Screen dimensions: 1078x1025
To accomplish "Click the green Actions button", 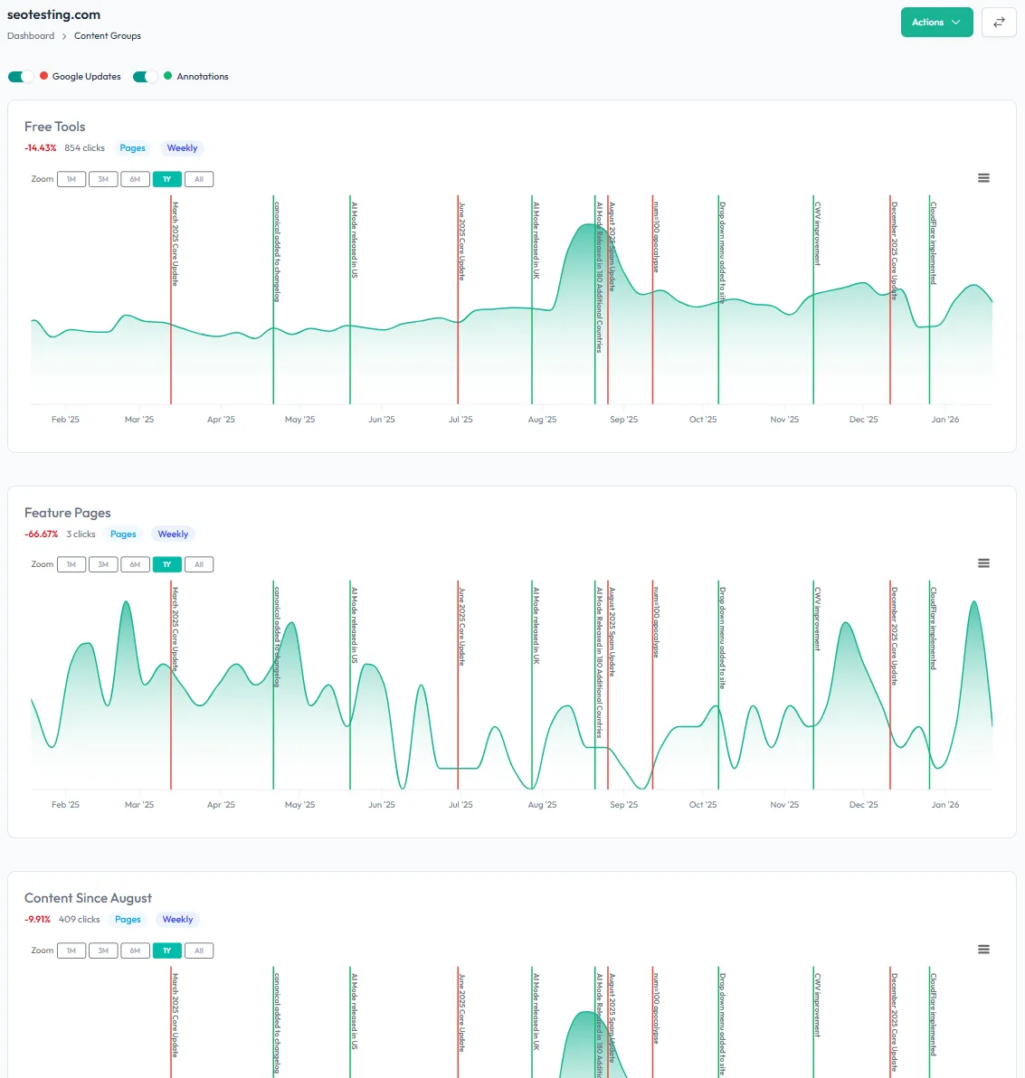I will [936, 23].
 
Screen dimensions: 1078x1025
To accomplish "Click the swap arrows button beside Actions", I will [999, 23].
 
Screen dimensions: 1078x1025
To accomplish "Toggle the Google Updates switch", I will [21, 77].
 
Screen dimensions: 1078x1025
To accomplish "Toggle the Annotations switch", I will [146, 77].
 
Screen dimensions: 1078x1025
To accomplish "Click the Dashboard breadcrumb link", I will [31, 36].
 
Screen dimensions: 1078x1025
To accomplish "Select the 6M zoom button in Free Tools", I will [135, 179].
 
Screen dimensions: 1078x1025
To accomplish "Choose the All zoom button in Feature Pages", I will [199, 564].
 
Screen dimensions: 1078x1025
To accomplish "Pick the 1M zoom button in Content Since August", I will [71, 950].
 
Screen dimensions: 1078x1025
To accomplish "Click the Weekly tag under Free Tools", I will [182, 148].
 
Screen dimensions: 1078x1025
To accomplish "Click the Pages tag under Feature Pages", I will [123, 534].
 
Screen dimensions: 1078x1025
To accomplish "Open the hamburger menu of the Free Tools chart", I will [983, 178].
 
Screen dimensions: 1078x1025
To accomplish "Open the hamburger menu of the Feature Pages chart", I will [983, 563].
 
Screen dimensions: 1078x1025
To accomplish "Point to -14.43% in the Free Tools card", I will [41, 148].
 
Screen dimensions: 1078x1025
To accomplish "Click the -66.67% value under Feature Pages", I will [41, 534].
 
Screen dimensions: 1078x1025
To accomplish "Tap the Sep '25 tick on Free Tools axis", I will [623, 420].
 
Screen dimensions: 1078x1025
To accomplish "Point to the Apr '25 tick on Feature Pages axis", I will [221, 805].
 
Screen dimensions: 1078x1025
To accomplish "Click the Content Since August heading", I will [88, 898].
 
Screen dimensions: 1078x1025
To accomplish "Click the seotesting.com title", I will [53, 14].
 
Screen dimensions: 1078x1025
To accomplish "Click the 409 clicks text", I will [80, 920].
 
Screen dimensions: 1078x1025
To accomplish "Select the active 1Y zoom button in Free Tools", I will [166, 179].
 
